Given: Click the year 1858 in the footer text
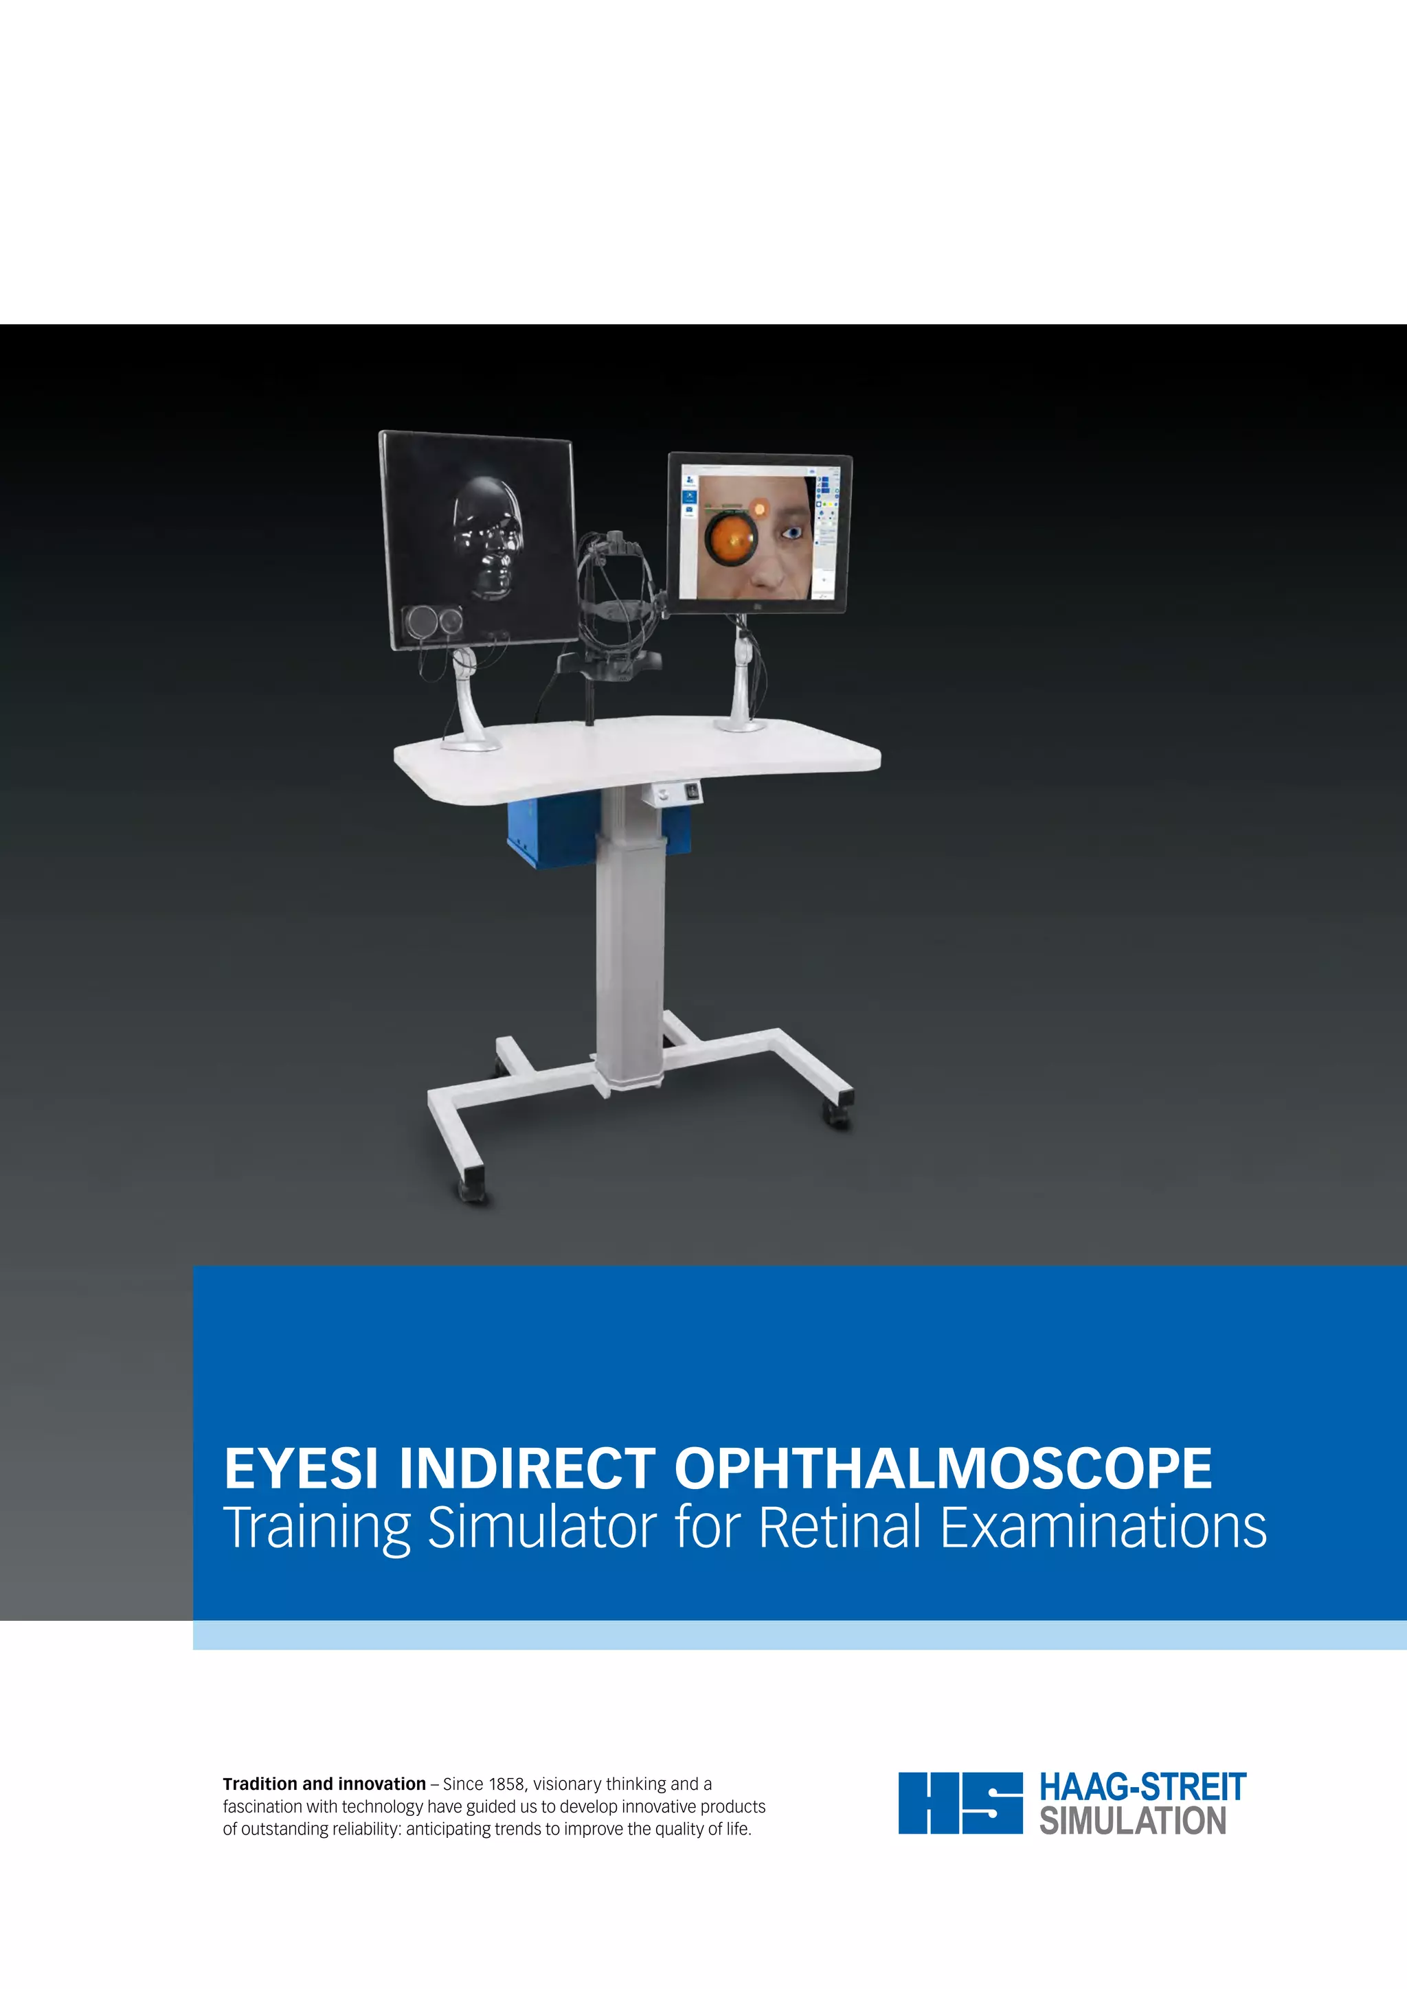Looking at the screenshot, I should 506,1784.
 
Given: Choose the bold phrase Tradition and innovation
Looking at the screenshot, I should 324,1784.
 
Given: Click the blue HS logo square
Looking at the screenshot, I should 960,1803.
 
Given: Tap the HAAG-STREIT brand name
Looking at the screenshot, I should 1142,1786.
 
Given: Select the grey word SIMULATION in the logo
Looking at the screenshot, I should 1132,1821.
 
